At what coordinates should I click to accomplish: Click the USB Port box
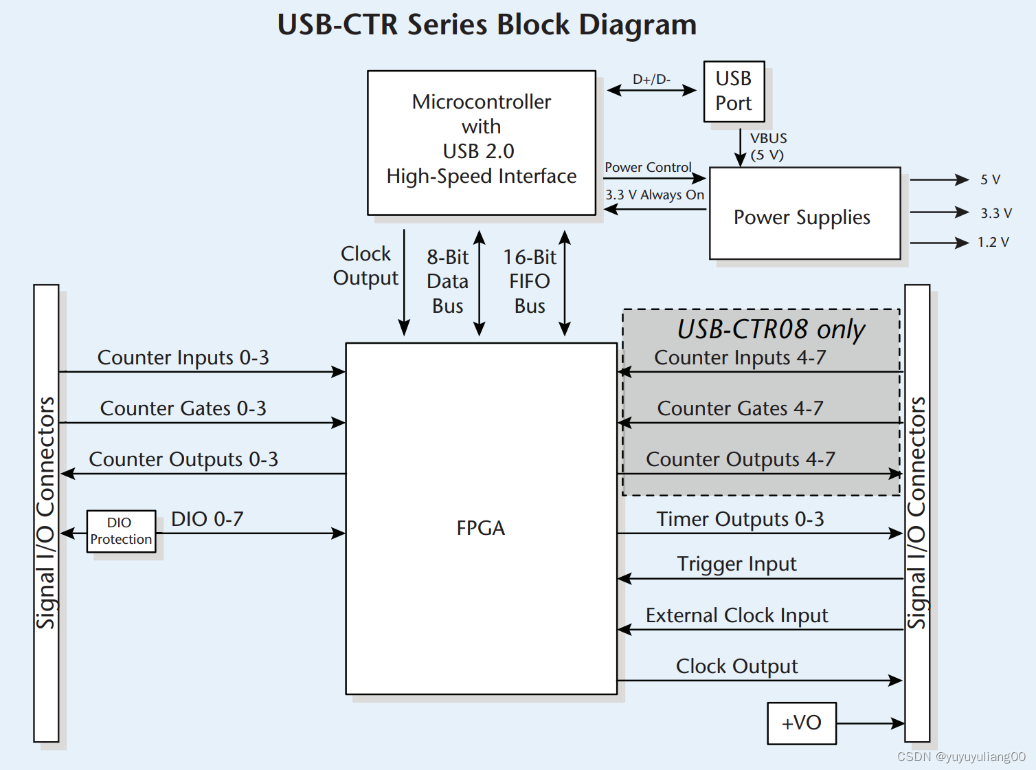point(734,91)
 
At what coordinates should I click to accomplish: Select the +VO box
point(801,723)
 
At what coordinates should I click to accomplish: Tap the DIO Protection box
point(121,531)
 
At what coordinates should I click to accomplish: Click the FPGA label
point(480,528)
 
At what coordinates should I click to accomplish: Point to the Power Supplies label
point(802,217)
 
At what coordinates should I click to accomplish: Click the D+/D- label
point(651,79)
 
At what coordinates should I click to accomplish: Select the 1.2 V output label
point(993,242)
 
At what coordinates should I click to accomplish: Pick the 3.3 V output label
point(995,213)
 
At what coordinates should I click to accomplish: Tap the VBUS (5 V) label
point(768,146)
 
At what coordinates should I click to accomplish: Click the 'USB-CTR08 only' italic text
point(771,329)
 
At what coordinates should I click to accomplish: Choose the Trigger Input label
point(736,564)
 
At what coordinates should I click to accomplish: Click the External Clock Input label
point(736,615)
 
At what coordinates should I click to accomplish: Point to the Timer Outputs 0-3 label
point(740,519)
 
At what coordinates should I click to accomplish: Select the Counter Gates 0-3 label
point(183,408)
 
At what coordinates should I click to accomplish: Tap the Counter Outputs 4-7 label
point(741,459)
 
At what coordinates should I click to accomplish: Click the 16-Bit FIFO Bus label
point(530,281)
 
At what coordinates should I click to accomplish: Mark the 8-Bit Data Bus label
point(447,281)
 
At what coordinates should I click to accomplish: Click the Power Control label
point(648,167)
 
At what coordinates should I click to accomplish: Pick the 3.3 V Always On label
point(655,195)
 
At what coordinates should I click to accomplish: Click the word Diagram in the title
point(637,25)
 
